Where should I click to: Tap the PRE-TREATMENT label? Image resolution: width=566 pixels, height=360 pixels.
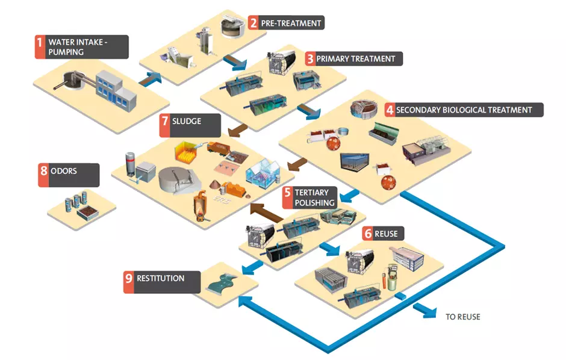pyautogui.click(x=291, y=23)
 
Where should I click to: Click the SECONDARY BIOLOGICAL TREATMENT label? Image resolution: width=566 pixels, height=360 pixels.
pyautogui.click(x=463, y=110)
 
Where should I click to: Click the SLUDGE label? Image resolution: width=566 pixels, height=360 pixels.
pyautogui.click(x=187, y=121)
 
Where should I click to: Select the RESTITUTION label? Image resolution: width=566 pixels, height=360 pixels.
pyautogui.click(x=160, y=279)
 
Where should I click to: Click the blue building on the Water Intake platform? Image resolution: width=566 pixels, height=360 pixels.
pyautogui.click(x=116, y=87)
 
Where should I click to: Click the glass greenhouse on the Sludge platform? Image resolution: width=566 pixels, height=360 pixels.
pyautogui.click(x=266, y=173)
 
